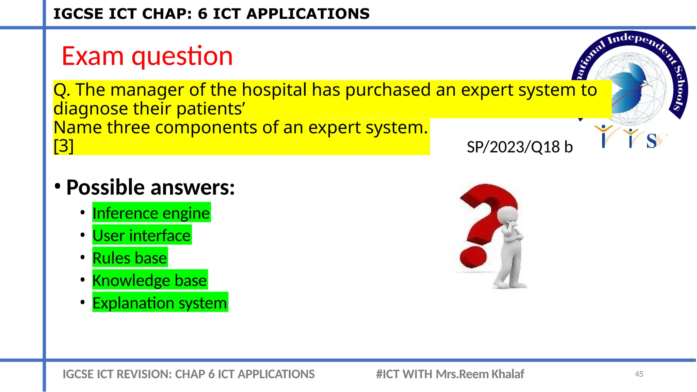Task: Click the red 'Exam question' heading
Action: (147, 56)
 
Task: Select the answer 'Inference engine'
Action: (151, 213)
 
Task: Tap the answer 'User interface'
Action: (142, 235)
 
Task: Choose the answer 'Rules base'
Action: (130, 258)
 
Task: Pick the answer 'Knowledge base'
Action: (149, 280)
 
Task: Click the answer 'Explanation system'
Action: (160, 303)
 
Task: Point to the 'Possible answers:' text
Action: (150, 187)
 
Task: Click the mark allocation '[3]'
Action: (64, 146)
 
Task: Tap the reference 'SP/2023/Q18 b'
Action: (519, 147)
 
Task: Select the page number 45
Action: (639, 374)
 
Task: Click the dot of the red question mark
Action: (473, 257)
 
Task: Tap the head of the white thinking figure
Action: (507, 215)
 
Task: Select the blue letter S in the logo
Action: (651, 141)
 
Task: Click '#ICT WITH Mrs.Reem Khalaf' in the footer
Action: (450, 374)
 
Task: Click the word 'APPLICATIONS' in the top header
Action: (308, 14)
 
